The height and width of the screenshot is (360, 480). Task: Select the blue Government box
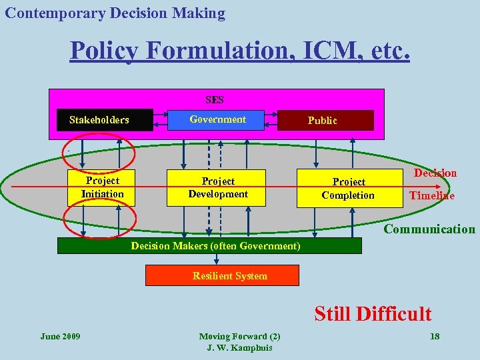point(217,119)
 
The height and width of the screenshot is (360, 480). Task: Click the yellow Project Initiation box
point(103,187)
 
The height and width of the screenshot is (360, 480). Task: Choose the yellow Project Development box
point(217,187)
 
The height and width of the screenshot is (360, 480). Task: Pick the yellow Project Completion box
point(348,188)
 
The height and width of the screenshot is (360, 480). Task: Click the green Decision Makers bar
point(209,246)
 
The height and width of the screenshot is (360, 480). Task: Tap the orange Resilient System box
point(223,275)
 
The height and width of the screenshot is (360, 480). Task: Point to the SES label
point(215,100)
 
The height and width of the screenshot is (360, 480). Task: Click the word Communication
point(429,229)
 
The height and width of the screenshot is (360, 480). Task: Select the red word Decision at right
point(435,173)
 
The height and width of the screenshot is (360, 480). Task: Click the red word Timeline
point(431,195)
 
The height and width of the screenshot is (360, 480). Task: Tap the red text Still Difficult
point(373,313)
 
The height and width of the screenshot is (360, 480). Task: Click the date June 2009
point(60,336)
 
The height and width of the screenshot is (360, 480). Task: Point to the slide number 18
point(435,336)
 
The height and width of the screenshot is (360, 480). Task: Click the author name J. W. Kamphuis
point(239,347)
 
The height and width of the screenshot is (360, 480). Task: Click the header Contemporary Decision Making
point(115,13)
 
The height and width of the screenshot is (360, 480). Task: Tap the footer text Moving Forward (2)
point(239,337)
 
